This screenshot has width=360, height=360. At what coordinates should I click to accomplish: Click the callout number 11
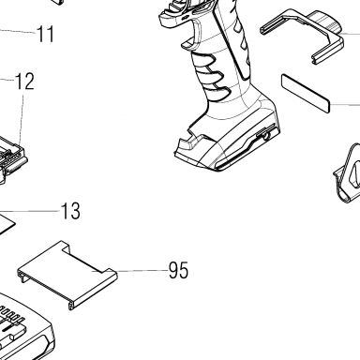pyautogui.click(x=46, y=34)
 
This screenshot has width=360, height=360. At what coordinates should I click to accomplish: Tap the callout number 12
pyautogui.click(x=24, y=82)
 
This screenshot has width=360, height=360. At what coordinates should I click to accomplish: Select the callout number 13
pyautogui.click(x=70, y=211)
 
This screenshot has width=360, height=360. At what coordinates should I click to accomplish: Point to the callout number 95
pyautogui.click(x=179, y=270)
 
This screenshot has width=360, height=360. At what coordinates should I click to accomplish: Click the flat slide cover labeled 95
pyautogui.click(x=67, y=275)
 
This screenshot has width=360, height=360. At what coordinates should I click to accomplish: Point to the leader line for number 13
pyautogui.click(x=29, y=211)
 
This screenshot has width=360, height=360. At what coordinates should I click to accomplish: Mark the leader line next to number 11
pyautogui.click(x=17, y=31)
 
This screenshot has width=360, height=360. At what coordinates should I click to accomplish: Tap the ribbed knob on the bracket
pyautogui.click(x=325, y=22)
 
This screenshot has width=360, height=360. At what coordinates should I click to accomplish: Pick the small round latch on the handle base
pyautogui.click(x=265, y=136)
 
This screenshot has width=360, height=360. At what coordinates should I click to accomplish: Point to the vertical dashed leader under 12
pyautogui.click(x=22, y=119)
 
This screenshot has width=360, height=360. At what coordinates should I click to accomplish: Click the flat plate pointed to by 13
pyautogui.click(x=6, y=222)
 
